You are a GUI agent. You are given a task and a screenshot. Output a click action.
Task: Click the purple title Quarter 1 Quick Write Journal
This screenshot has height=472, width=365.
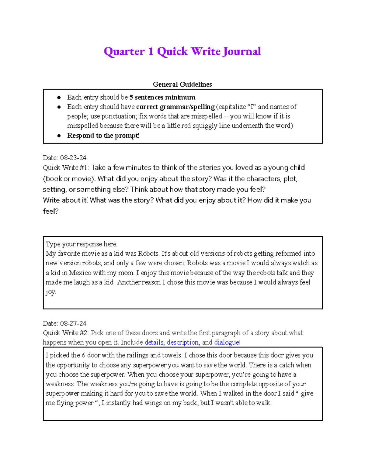[182, 51]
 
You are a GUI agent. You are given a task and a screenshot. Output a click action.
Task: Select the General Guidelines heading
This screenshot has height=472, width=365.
[182, 84]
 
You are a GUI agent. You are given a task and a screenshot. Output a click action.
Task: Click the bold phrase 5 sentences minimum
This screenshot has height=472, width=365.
[162, 98]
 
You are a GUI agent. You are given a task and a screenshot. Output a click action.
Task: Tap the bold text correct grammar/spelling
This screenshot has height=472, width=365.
[176, 107]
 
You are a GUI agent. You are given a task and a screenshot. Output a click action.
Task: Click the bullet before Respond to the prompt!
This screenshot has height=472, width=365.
[59, 136]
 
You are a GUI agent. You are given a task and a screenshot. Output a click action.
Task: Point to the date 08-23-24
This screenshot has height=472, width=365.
[73, 158]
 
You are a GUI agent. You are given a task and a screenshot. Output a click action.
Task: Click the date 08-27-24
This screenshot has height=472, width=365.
[73, 323]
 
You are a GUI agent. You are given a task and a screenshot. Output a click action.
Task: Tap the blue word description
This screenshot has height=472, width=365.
[182, 343]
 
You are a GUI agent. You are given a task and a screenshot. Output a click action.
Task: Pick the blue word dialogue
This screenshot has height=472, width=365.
[227, 343]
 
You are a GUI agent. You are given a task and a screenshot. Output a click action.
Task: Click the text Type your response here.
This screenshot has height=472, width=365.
[81, 244]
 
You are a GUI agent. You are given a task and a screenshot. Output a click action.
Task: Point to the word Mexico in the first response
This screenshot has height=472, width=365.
[80, 273]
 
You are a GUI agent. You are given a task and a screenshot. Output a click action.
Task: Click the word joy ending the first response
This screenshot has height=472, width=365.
[50, 292]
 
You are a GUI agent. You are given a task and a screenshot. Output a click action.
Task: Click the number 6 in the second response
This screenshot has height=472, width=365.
[84, 355]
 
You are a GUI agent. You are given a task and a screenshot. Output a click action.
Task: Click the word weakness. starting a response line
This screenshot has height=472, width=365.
[60, 384]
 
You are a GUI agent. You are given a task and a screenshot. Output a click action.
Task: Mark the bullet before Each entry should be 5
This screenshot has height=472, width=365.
[59, 98]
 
